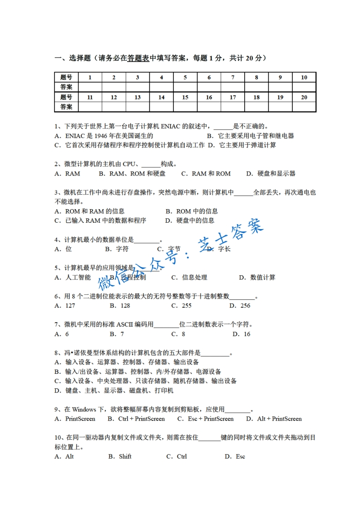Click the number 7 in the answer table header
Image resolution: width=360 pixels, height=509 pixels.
tap(232, 77)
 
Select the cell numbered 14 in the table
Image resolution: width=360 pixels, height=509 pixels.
tap(161, 97)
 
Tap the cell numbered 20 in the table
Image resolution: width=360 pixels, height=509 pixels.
tap(304, 97)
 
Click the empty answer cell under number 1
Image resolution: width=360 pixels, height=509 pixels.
tap(90, 87)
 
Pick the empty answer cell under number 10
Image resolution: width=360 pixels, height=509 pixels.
tap(304, 87)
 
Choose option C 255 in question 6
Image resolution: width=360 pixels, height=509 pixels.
tap(181, 305)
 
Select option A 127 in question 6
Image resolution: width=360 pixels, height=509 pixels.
tap(65, 305)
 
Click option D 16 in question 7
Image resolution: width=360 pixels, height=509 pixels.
tap(242, 334)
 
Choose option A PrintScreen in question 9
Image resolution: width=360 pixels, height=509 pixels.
tap(75, 419)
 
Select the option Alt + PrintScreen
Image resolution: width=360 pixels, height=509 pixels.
tap(274, 419)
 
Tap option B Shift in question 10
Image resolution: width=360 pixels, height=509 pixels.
tap(120, 456)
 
